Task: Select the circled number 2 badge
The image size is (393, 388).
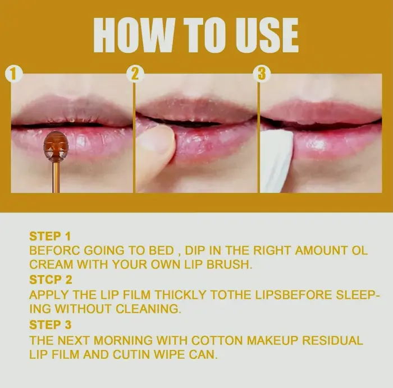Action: pos(135,74)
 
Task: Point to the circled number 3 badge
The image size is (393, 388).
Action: pos(262,74)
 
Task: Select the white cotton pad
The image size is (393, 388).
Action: pos(276,160)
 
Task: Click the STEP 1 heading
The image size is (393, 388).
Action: pos(50,236)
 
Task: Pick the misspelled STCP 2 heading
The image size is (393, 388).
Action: pos(51,280)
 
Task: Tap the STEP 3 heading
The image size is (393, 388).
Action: pos(51,325)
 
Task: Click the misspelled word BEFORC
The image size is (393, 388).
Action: pos(54,251)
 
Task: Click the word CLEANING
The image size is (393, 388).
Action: pos(148,309)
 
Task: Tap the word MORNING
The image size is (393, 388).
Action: pos(123,340)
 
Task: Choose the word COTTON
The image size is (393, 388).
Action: pos(217,340)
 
